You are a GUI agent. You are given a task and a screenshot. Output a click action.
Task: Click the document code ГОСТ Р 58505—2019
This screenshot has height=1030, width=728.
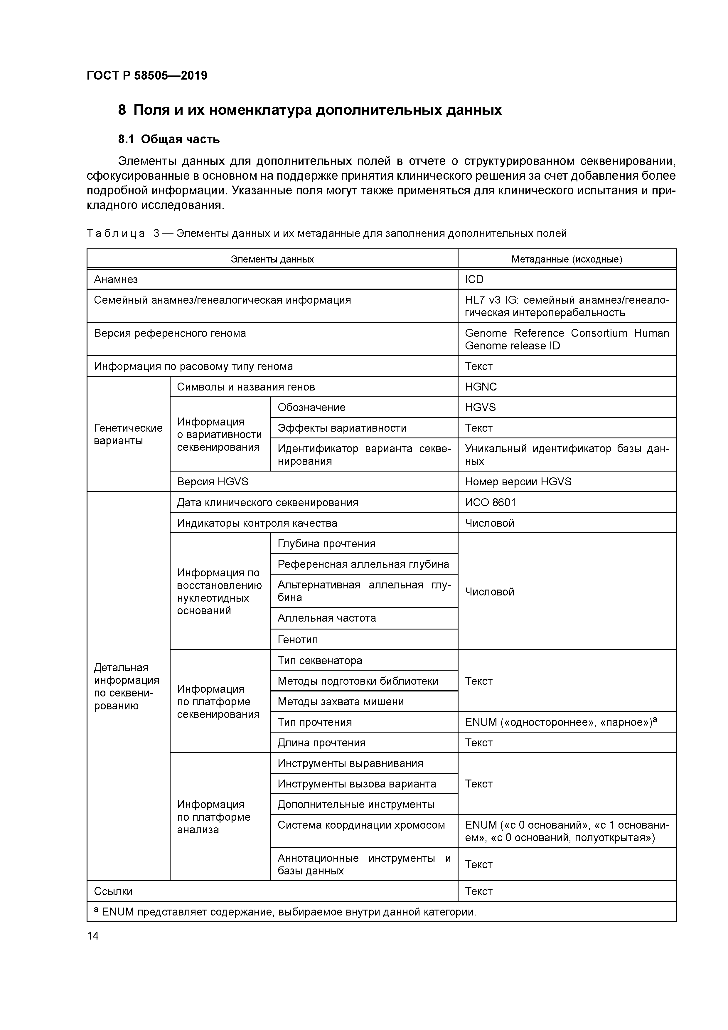coord(147,75)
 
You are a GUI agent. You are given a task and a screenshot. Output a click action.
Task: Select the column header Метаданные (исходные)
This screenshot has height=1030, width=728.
coord(567,259)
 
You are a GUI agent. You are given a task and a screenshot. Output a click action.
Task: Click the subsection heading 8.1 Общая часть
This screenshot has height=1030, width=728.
coord(169,139)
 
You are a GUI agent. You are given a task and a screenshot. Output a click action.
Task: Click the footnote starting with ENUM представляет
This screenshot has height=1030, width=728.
coord(287,912)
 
